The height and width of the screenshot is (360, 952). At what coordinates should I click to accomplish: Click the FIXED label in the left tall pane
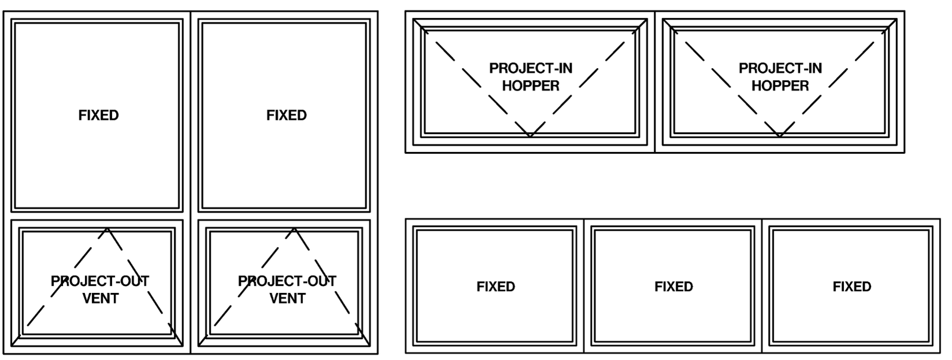tap(99, 115)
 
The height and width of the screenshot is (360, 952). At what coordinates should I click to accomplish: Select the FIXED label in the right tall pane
tap(287, 115)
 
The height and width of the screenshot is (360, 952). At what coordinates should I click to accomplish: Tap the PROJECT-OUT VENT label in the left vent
tap(100, 290)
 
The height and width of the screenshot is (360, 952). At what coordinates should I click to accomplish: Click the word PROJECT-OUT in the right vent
tap(287, 281)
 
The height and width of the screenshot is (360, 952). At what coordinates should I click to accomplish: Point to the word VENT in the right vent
tap(287, 298)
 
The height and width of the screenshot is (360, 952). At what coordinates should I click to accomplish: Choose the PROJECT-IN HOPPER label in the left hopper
tap(531, 77)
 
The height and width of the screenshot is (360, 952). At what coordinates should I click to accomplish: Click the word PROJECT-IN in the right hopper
tap(780, 68)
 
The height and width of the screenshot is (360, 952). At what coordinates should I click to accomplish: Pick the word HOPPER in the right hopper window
tap(780, 86)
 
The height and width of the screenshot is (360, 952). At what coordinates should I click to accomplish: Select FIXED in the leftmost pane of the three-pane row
tap(495, 287)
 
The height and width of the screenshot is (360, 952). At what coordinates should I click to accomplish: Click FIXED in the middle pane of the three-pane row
tap(673, 287)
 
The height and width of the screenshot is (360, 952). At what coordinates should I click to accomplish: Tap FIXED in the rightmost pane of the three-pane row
tap(851, 287)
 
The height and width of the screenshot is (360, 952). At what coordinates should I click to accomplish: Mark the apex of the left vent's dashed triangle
tap(107, 229)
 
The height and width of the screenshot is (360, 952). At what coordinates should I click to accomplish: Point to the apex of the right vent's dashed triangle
tap(294, 229)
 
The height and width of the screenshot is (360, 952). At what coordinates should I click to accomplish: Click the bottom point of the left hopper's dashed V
tap(530, 136)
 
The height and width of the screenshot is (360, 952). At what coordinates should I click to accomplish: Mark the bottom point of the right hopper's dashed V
tap(779, 136)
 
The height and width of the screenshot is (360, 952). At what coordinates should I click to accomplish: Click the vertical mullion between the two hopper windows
tap(655, 81)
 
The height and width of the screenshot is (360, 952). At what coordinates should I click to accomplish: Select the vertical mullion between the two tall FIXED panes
tap(191, 183)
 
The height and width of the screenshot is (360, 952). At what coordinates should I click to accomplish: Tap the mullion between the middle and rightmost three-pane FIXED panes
tap(762, 286)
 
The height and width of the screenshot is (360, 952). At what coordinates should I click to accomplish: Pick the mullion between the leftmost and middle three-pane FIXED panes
tap(584, 286)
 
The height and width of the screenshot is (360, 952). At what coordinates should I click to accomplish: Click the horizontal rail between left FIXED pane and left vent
tap(97, 216)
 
